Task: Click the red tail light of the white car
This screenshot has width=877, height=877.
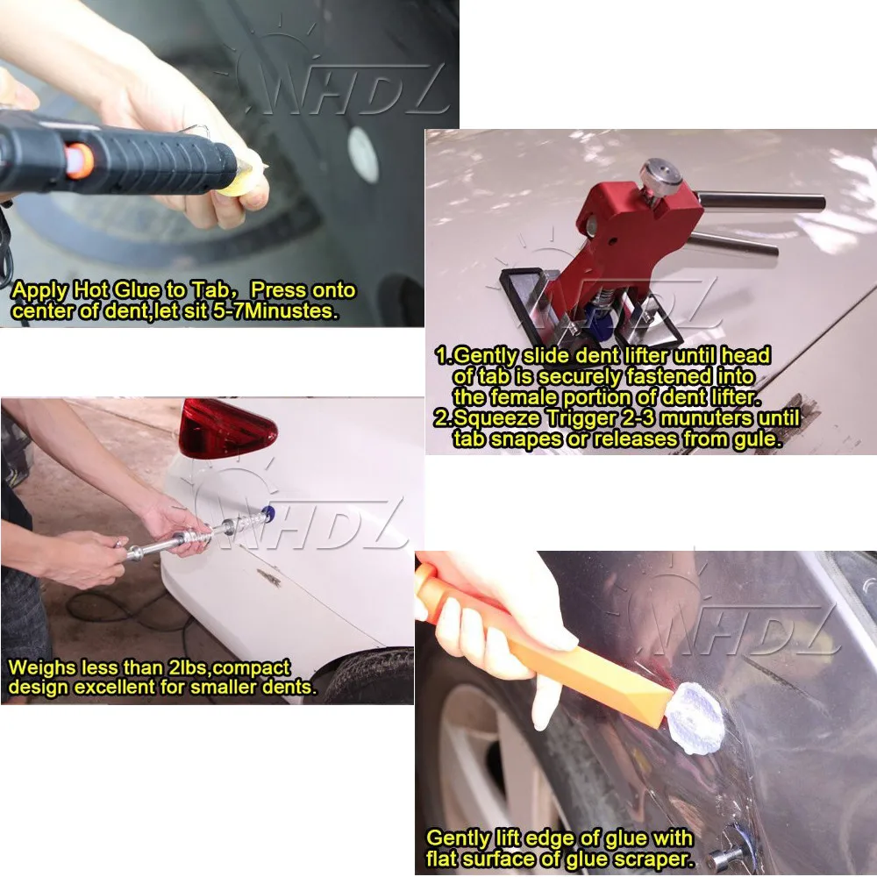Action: point(226,430)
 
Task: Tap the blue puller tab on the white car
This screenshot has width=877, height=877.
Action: point(265,521)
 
